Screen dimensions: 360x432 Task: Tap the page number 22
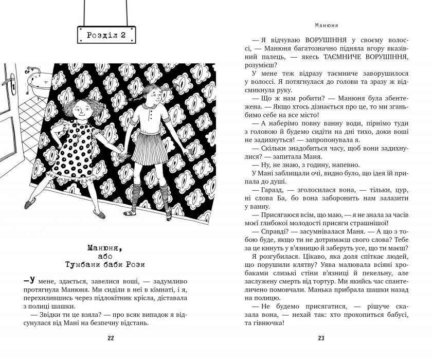tap(111, 338)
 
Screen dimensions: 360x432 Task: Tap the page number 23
tap(321, 338)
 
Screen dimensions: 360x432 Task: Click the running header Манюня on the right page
tap(321, 24)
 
